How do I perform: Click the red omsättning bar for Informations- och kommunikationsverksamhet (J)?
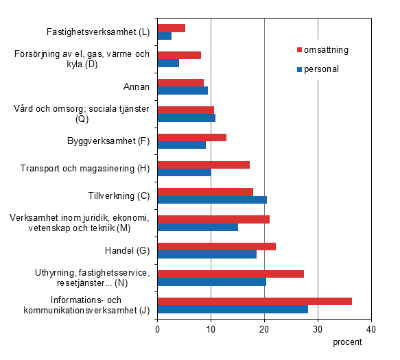coord(255,301)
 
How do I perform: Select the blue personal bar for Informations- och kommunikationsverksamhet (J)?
coord(233,309)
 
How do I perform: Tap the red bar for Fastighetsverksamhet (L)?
coord(172,28)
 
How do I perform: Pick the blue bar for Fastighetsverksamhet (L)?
coord(165,36)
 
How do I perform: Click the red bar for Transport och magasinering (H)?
coord(204,165)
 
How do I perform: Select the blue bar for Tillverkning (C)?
coord(212,200)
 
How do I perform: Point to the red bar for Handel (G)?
coord(217,246)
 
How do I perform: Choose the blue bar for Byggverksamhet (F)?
coord(182,145)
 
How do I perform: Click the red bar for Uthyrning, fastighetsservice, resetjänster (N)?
coord(231,274)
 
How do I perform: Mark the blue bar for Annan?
coord(183,90)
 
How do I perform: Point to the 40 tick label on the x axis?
coord(371,329)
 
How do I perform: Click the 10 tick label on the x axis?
coord(211,329)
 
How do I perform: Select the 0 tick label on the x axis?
coord(158,329)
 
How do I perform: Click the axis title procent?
coord(347,343)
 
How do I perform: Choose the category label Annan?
coord(137,86)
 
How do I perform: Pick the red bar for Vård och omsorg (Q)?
coord(186,110)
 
